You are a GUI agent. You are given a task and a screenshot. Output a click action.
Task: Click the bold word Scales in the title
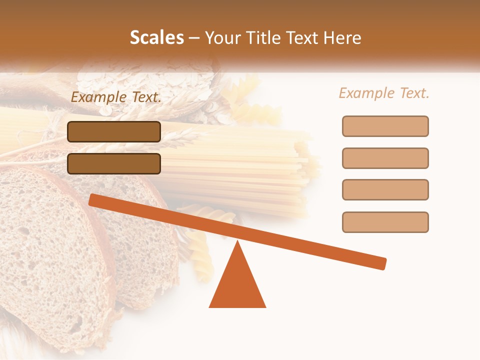156,38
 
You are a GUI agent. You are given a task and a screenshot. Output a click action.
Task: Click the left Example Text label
116,97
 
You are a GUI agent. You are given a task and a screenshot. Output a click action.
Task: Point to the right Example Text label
384,93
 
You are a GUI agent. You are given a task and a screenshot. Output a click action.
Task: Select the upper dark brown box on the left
114,131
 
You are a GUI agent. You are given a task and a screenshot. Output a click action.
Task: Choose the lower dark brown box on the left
114,163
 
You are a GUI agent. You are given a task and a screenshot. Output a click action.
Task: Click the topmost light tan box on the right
385,126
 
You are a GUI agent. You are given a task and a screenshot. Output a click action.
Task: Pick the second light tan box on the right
385,158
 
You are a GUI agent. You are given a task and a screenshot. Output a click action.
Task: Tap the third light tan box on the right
385,189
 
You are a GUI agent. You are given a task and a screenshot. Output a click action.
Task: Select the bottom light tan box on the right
385,222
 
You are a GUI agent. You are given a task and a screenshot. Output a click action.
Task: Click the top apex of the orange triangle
238,242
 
